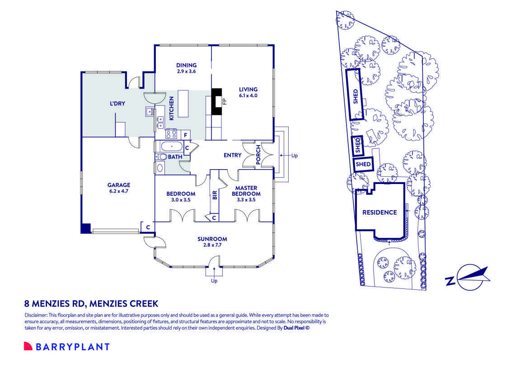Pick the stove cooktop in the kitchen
coord(171,134)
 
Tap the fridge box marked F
coord(185,134)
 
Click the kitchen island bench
coord(183,104)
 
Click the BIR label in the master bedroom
coord(215,195)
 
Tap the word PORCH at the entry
coord(258,155)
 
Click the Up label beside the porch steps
coord(294,156)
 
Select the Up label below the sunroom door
coord(214,281)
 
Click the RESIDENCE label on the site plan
coord(379,212)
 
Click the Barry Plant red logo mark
coord(28,347)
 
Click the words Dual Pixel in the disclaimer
coord(294,328)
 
